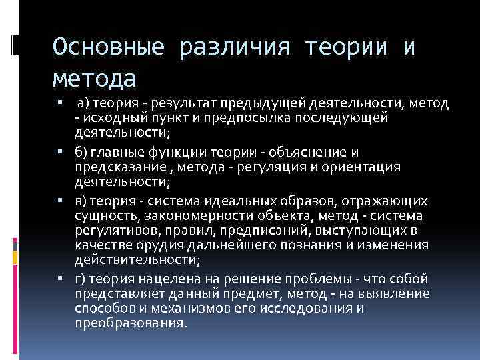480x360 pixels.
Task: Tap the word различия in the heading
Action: [x=234, y=47]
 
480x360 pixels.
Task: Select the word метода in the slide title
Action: [x=94, y=79]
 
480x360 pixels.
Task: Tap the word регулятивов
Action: [x=107, y=230]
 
